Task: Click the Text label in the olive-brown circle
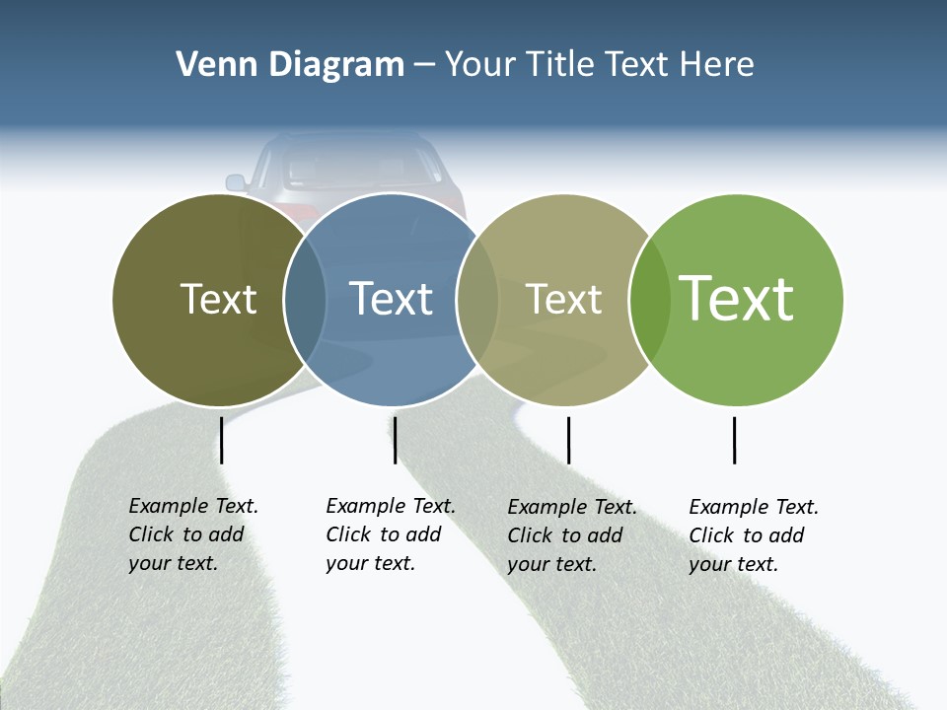tap(218, 299)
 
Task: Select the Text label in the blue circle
tap(392, 299)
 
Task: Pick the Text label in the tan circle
tap(563, 299)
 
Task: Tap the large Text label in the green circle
tap(737, 299)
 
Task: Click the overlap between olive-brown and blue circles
tap(305, 300)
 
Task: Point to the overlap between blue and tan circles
tap(477, 300)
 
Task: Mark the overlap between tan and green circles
tap(649, 300)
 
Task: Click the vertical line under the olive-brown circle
tap(222, 440)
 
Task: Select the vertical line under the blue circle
tap(395, 440)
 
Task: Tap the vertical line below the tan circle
tap(568, 440)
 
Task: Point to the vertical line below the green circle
tap(734, 440)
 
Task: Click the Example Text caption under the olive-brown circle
tap(193, 534)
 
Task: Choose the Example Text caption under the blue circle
tap(391, 534)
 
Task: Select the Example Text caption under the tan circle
tap(572, 535)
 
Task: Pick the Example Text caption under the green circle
tap(754, 535)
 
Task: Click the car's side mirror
tap(236, 182)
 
